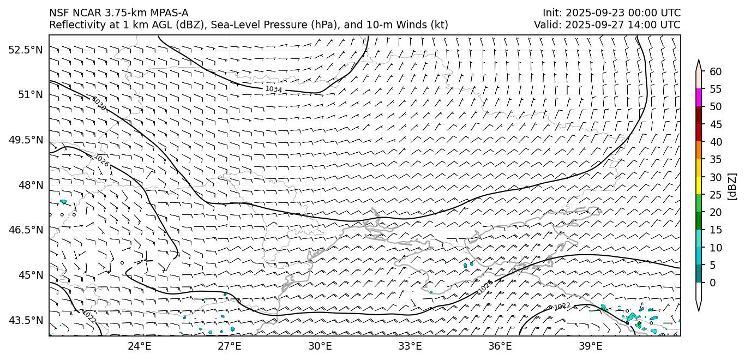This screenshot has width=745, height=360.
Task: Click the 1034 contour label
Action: [x=273, y=89]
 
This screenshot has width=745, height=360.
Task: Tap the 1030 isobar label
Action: [x=99, y=104]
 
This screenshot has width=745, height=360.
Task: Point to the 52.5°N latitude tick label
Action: [x=26, y=50]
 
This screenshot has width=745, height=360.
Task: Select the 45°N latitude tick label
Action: [x=31, y=274]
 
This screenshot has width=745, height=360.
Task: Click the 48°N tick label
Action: [x=31, y=185]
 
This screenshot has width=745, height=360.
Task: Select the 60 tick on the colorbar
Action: [x=716, y=72]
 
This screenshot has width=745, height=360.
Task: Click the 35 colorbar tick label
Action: [x=716, y=160]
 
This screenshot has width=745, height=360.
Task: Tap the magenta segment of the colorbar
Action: [x=699, y=98]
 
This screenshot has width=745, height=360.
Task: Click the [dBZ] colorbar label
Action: [x=732, y=187]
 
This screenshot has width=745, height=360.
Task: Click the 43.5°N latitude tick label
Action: [x=26, y=320]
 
